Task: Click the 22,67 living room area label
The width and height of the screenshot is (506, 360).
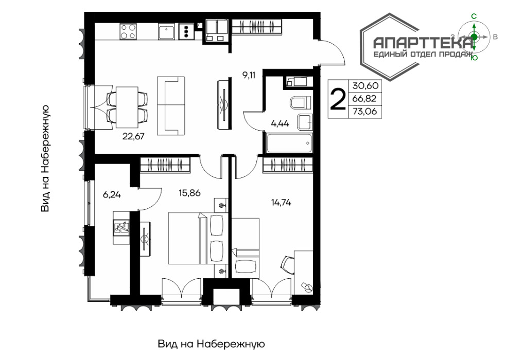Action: coord(133,136)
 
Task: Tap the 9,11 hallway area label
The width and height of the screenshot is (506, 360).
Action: coord(249,76)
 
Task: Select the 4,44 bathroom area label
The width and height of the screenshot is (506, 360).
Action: coord(280,123)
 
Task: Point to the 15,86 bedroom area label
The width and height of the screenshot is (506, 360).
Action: coord(189,193)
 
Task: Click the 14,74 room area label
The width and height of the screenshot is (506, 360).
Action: coord(281,203)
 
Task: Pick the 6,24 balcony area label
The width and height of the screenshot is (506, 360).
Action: coord(112,195)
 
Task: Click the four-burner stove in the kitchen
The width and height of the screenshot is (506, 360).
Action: coord(128,31)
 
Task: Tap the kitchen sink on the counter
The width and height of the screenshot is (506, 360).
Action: coord(166,32)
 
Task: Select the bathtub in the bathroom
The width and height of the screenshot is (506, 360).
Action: coord(289,143)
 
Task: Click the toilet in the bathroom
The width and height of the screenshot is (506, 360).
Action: coord(301,103)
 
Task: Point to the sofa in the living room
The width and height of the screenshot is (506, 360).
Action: coord(171,106)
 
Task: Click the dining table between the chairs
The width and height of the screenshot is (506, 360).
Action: coord(127,107)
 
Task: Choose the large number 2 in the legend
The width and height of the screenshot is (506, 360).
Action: coord(338,99)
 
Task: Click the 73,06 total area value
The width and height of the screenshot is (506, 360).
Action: coord(364,112)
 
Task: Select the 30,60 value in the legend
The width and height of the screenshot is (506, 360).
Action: coord(365,86)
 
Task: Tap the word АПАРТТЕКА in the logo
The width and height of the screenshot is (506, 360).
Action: coord(422,43)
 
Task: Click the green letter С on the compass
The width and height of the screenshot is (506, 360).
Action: coord(474,16)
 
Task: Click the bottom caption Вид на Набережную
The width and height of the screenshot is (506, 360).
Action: coord(212,344)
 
